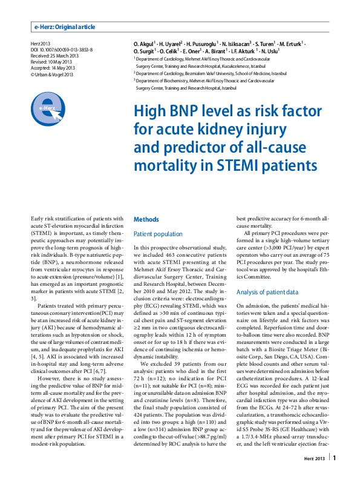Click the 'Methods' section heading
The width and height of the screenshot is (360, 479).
146,219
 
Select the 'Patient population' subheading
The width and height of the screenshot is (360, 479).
158,234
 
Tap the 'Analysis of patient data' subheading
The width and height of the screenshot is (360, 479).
267,292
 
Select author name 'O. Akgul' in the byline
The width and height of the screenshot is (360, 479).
145,45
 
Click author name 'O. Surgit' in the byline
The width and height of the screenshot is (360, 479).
146,52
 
